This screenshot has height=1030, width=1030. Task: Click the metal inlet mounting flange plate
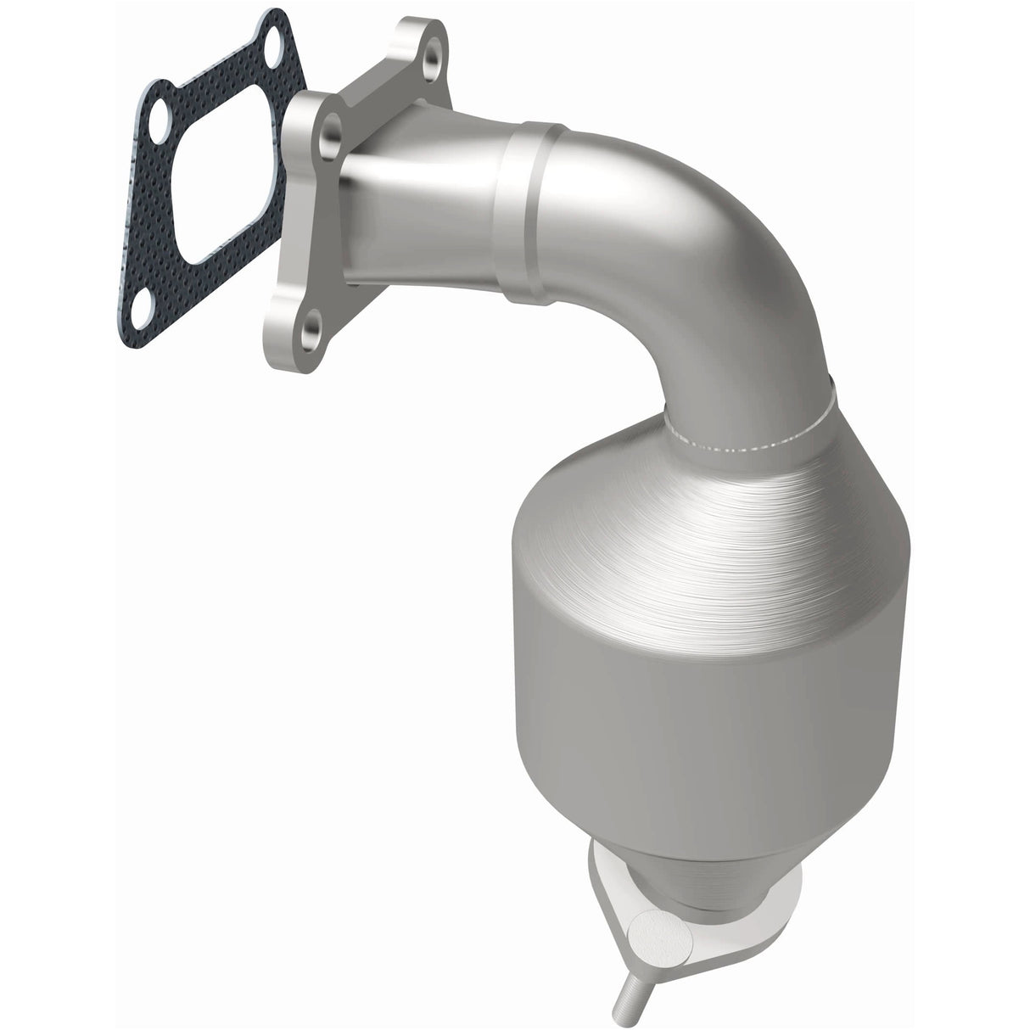point(297,255)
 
